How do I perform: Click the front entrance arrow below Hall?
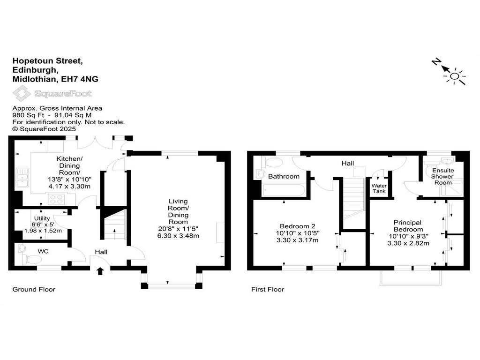pyautogui.click(x=100, y=271)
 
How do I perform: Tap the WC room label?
pyautogui.click(x=43, y=251)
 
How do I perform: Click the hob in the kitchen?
pyautogui.click(x=57, y=199)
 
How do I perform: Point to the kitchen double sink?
pyautogui.click(x=22, y=177)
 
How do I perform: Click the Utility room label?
pyautogui.click(x=42, y=218)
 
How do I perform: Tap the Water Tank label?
pyautogui.click(x=379, y=188)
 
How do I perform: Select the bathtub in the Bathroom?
pyautogui.click(x=284, y=190)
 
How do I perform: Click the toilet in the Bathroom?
pyautogui.click(x=272, y=162)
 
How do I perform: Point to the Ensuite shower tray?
pyautogui.click(x=451, y=188)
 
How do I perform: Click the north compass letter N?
pyautogui.click(x=436, y=61)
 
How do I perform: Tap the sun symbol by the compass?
pyautogui.click(x=455, y=76)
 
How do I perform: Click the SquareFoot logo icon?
pyautogui.click(x=22, y=93)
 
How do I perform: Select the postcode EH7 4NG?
pyautogui.click(x=80, y=79)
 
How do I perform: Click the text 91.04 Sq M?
pyautogui.click(x=73, y=115)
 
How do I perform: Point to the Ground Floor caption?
pyautogui.click(x=34, y=289)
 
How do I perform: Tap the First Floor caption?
pyautogui.click(x=268, y=289)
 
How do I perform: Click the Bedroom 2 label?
pyautogui.click(x=298, y=226)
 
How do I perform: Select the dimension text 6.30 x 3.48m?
pyautogui.click(x=178, y=236)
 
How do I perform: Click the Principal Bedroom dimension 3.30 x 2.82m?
pyautogui.click(x=408, y=243)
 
